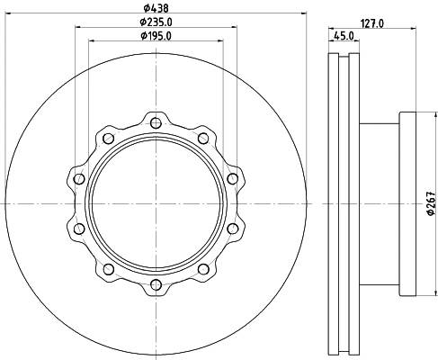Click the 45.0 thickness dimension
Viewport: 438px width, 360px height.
tap(343, 36)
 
